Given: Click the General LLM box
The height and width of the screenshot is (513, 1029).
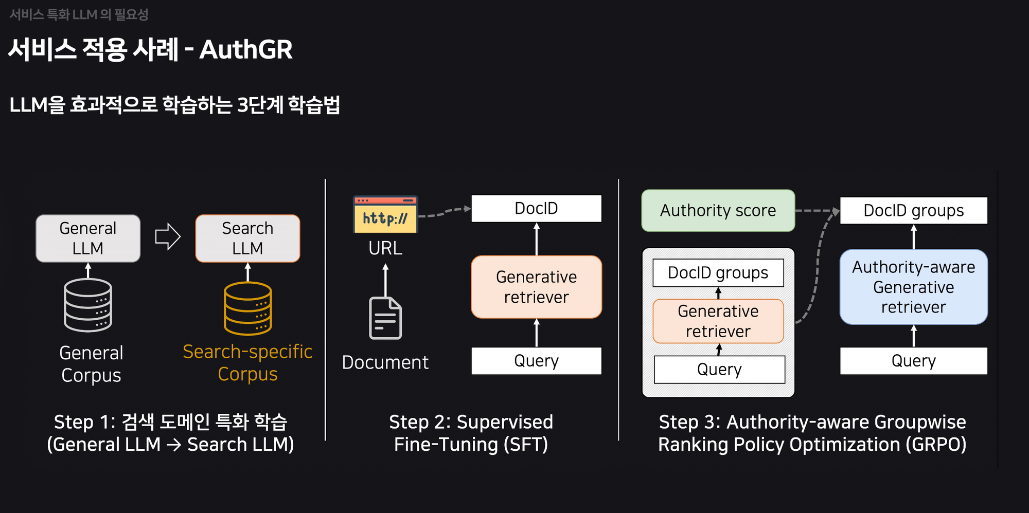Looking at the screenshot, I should [x=88, y=239].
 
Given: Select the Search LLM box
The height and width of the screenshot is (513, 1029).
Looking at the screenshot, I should [x=247, y=239].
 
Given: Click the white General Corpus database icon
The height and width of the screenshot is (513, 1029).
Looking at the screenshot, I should [x=88, y=305].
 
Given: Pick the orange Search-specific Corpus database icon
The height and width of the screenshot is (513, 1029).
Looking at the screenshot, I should [x=247, y=308].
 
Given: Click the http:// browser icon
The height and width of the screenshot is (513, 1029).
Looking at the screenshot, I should [x=385, y=214].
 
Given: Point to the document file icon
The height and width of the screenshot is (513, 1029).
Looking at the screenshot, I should [x=385, y=318].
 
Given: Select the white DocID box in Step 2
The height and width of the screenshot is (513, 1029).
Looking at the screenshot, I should [x=536, y=209].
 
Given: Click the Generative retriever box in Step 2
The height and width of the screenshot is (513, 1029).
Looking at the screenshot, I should [x=536, y=287].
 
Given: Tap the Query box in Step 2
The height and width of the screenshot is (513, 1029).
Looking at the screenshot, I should [x=536, y=361].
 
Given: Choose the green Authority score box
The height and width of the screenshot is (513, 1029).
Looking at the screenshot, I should [x=718, y=211].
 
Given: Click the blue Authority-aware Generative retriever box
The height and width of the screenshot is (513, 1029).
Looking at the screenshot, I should [x=913, y=287].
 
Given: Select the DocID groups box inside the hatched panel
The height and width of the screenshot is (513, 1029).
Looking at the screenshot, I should [x=718, y=273].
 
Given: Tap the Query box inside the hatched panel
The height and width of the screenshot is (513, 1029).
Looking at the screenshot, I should [x=719, y=370].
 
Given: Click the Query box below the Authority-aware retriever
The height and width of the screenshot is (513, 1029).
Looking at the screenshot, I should [x=913, y=361].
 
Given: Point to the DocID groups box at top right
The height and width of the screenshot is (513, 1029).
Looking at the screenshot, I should [x=913, y=211].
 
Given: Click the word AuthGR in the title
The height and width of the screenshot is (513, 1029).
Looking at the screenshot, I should [x=246, y=50].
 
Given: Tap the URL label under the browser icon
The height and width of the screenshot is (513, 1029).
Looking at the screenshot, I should [x=385, y=248].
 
